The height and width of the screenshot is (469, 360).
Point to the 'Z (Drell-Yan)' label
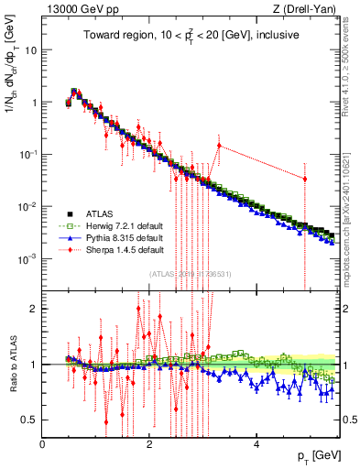point(306,9)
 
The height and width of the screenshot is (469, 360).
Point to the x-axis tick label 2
point(149,444)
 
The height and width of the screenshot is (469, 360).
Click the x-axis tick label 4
point(256,444)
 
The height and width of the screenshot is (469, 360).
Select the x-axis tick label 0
point(43,444)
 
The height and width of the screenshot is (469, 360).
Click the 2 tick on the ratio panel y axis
point(34,309)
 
